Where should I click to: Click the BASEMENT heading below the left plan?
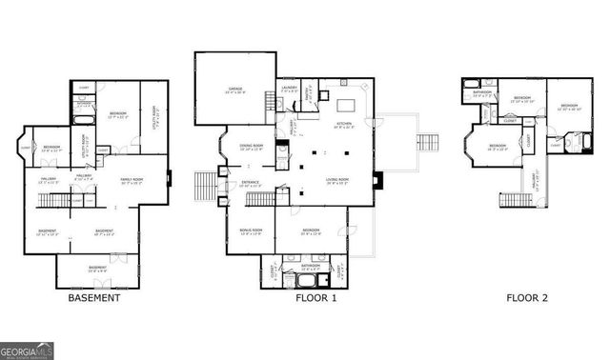pos(93,298)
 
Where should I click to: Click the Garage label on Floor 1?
pos(235,92)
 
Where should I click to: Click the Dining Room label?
pos(252,146)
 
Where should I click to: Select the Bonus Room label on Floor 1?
pos(250,230)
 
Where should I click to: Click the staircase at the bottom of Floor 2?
pos(511,201)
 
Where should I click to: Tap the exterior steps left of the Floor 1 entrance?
pos(206,183)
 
